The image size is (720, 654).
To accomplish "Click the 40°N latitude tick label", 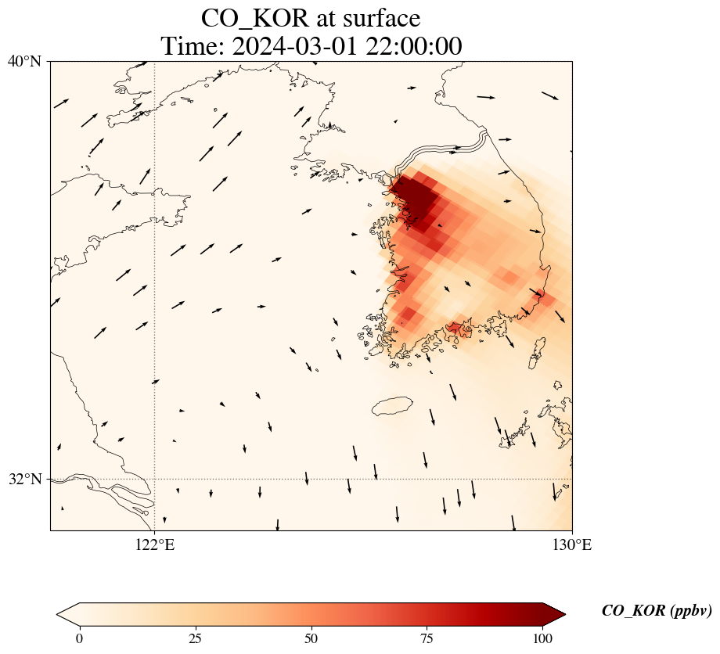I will pyautogui.click(x=24, y=61).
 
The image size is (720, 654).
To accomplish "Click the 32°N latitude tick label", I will pyautogui.click(x=24, y=479).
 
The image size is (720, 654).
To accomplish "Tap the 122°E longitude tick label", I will pyautogui.click(x=155, y=545).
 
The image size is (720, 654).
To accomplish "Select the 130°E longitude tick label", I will pyautogui.click(x=572, y=545).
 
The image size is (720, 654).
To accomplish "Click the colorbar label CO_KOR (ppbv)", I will pyautogui.click(x=656, y=611).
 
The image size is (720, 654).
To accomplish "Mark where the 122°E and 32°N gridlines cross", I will pyautogui.click(x=155, y=479).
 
